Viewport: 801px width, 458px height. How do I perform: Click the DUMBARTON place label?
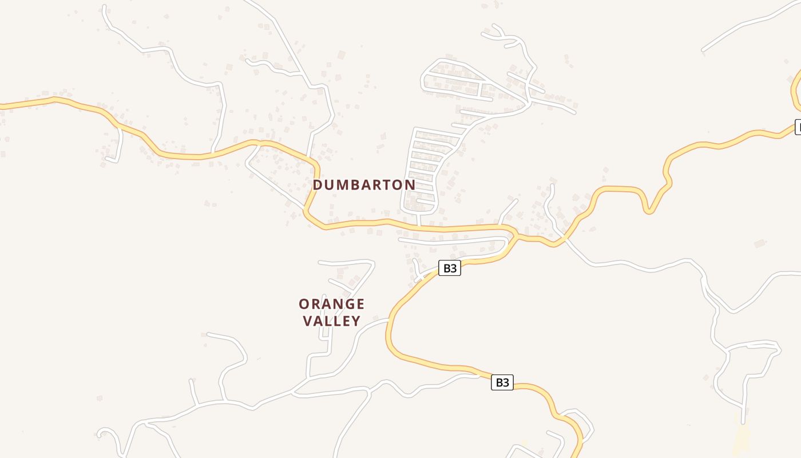[x=364, y=185]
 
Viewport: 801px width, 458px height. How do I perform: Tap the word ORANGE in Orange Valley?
[x=331, y=304]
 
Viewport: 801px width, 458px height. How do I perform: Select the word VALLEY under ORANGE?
[x=332, y=321]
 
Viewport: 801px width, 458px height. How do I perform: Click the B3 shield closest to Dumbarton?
[x=450, y=268]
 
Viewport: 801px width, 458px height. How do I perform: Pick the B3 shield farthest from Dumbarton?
[x=502, y=382]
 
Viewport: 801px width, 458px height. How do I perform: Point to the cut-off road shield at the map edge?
[x=798, y=127]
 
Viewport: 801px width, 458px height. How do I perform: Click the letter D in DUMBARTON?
[x=318, y=185]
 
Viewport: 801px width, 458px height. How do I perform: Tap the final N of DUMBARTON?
[x=410, y=185]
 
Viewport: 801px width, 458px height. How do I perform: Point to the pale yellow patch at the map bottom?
[x=741, y=438]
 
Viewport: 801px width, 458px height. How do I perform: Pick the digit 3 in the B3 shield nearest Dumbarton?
[x=454, y=268]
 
